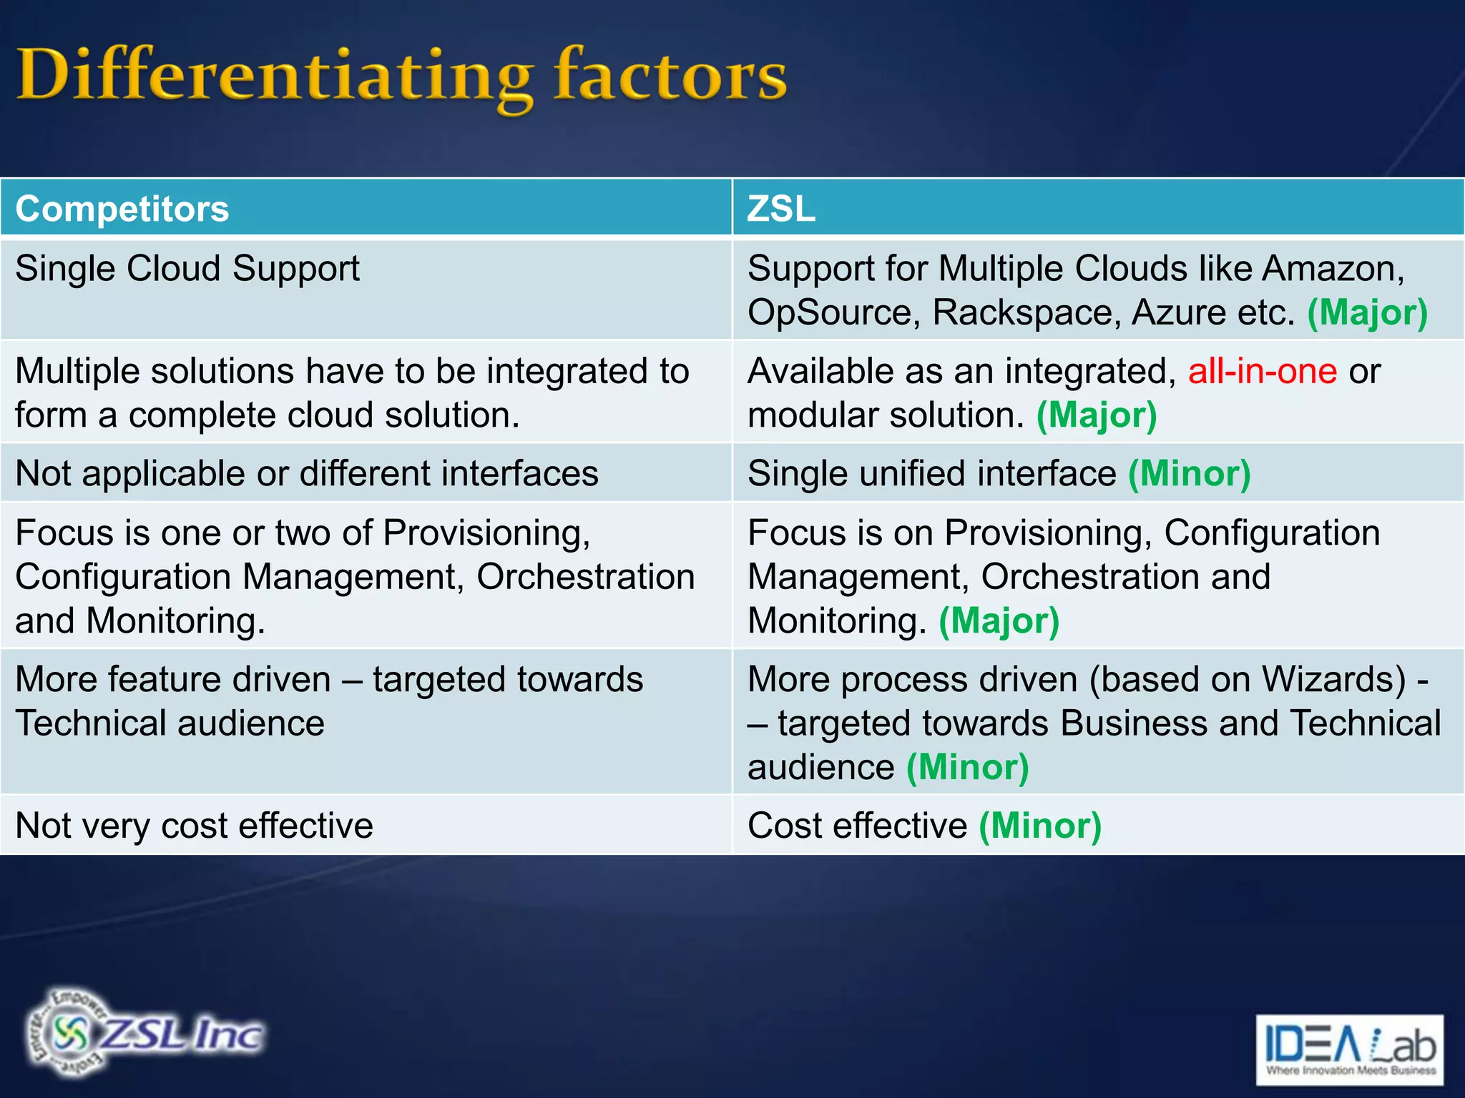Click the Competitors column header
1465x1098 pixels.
point(122,209)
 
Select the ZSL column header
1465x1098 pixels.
point(780,209)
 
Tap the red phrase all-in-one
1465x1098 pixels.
point(1262,371)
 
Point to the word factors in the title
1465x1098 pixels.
point(670,76)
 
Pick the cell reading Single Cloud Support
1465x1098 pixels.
point(187,269)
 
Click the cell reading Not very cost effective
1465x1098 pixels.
point(194,826)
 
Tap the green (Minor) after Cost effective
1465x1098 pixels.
point(1039,826)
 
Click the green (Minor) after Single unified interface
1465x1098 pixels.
point(1189,473)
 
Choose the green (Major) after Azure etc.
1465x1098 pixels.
point(1367,312)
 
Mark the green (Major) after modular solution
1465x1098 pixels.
point(1097,415)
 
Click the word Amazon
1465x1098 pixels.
point(1332,269)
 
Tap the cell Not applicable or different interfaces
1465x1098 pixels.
point(306,473)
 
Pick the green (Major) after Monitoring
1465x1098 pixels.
point(999,620)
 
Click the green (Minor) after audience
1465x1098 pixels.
point(967,767)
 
